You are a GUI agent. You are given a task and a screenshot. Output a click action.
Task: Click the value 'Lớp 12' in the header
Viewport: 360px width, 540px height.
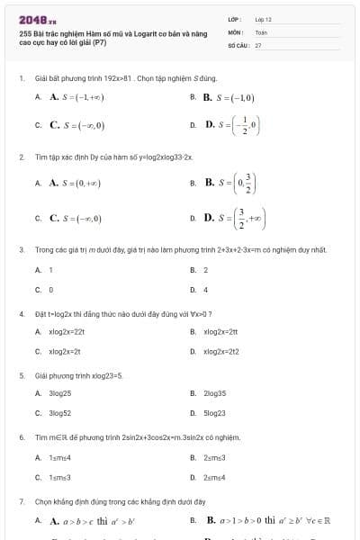coord(264,19)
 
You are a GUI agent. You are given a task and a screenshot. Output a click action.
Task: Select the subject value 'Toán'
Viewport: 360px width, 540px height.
coord(262,31)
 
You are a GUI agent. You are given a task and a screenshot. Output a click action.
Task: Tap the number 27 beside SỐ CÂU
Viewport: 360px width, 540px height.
coord(258,44)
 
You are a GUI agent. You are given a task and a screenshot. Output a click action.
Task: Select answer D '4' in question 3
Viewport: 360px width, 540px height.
coord(205,290)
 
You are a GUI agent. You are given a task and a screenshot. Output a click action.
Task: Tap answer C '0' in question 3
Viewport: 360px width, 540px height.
coord(50,290)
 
